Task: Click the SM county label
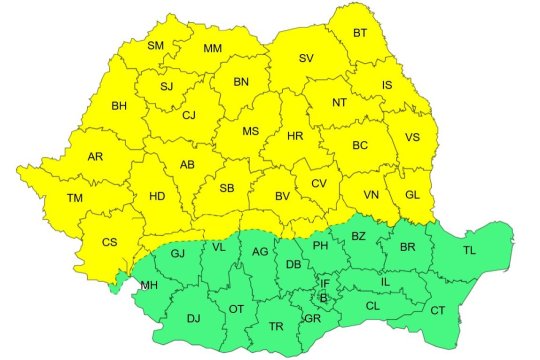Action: click(156, 46)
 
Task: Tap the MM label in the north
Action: click(213, 49)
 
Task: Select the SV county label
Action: click(308, 59)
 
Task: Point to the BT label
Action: click(360, 33)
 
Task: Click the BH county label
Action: click(120, 105)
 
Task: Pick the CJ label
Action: click(188, 115)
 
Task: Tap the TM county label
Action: click(74, 198)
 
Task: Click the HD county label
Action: click(156, 196)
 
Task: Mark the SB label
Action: click(227, 188)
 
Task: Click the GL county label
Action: click(411, 195)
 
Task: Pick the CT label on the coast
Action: click(438, 311)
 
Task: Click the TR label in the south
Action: click(277, 327)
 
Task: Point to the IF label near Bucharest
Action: click(324, 284)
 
